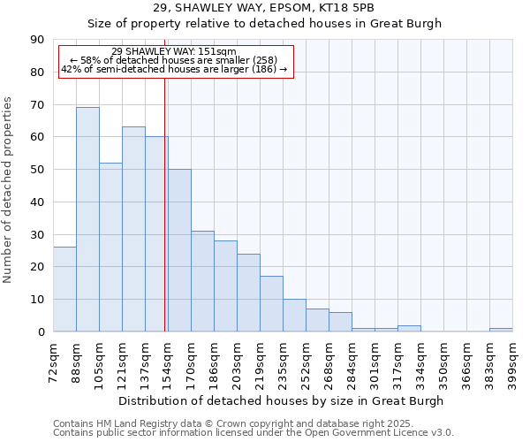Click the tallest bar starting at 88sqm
pos(87,219)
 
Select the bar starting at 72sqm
pos(64,289)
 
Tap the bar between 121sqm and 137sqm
pos(133,229)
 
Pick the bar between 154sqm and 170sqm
pos(179,250)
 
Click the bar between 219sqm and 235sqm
pos(271,304)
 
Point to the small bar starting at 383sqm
pos(501,330)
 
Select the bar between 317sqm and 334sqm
pos(409,328)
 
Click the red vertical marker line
pos(164,203)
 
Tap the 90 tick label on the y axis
pos(37,40)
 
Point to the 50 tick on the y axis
pos(37,170)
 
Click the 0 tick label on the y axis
pos(41,331)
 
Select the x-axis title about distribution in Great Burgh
pos(283,400)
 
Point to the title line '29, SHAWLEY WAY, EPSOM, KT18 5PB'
pos(264,7)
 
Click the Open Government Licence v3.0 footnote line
pos(254,433)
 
